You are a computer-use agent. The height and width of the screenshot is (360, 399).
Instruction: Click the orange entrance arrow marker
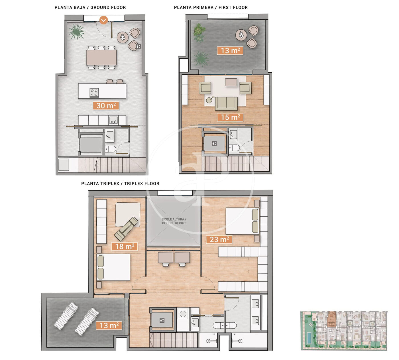(104, 20)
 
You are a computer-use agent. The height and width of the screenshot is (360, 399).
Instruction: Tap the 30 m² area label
(106, 106)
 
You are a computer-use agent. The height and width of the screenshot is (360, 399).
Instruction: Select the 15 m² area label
(230, 117)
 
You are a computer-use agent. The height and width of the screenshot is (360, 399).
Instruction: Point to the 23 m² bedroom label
(219, 239)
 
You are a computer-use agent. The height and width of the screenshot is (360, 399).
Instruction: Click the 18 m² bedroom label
(125, 246)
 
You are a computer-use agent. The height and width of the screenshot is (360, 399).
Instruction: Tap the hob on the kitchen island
(94, 93)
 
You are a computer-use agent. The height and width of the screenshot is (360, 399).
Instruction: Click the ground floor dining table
(101, 57)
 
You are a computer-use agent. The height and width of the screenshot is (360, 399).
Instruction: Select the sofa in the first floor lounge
(226, 103)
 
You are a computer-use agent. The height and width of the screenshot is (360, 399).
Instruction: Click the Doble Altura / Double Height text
(174, 221)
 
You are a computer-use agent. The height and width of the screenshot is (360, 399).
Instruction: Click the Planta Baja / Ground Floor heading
(90, 8)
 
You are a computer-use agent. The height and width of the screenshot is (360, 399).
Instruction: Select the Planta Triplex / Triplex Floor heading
(120, 184)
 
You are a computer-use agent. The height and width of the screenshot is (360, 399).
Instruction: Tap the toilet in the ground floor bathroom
(111, 149)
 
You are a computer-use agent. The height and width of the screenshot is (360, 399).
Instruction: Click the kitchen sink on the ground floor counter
(113, 120)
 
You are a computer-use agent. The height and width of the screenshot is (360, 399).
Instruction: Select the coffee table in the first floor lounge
(231, 82)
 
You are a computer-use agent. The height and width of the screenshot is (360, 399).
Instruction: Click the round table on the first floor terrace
(241, 35)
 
